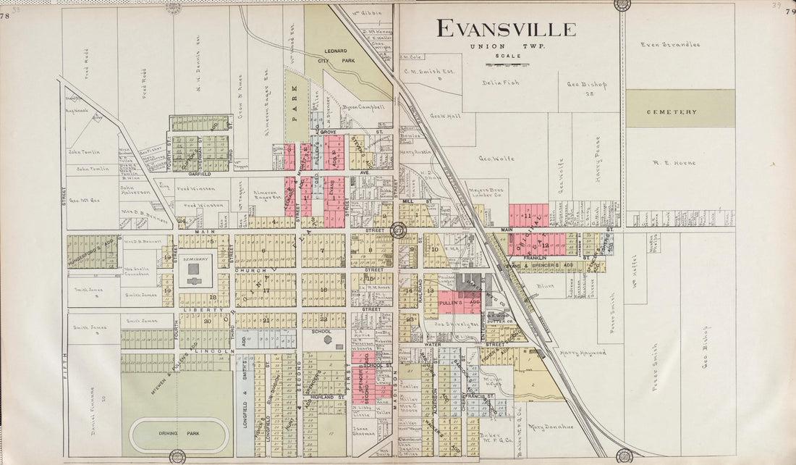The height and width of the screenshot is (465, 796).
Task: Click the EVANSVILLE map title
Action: pyautogui.click(x=507, y=29)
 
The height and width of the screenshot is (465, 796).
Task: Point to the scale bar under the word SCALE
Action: pyautogui.click(x=507, y=64)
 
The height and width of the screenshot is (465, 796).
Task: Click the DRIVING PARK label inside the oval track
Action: pyautogui.click(x=179, y=433)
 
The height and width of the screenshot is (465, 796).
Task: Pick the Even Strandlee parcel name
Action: pyautogui.click(x=671, y=45)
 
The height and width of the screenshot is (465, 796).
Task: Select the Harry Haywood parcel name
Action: pyautogui.click(x=583, y=353)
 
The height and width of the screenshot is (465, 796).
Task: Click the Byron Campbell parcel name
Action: pyautogui.click(x=362, y=106)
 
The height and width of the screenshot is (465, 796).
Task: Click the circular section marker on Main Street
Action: pyautogui.click(x=398, y=230)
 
